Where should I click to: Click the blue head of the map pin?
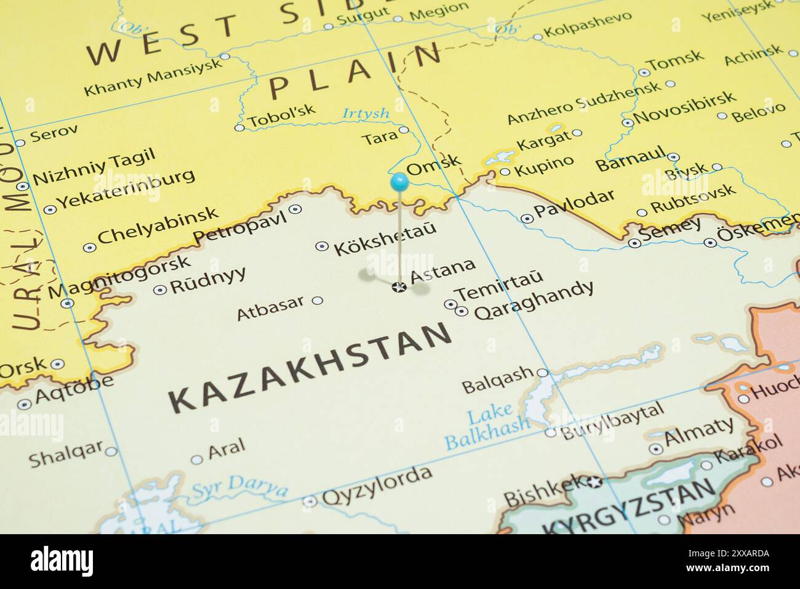point(399,181)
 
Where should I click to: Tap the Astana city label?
point(444,271)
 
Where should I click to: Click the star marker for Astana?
point(399,286)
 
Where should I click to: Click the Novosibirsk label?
point(684,107)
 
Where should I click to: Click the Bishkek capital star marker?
point(594,482)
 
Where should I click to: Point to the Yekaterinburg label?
point(126,187)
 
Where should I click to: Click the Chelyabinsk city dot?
point(90,248)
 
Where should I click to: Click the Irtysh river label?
point(366,113)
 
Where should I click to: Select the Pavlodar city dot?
point(527,218)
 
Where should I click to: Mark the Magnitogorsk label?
point(119,276)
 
